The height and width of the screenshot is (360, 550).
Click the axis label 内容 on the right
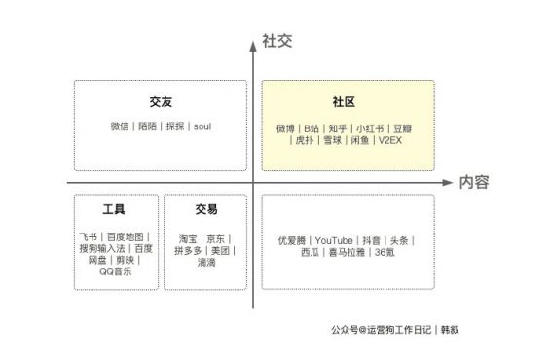pyautogui.click(x=473, y=182)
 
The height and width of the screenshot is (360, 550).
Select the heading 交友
pyautogui.click(x=161, y=103)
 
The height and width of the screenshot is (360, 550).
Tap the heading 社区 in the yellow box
pyautogui.click(x=346, y=103)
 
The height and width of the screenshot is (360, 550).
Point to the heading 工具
pyautogui.click(x=114, y=209)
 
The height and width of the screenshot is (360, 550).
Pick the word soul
pyautogui.click(x=202, y=126)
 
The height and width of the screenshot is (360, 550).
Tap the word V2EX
pyautogui.click(x=390, y=141)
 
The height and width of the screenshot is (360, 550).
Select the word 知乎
pyautogui.click(x=337, y=127)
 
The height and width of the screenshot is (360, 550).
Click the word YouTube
pyautogui.click(x=333, y=238)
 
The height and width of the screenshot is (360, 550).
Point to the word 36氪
pyautogui.click(x=384, y=252)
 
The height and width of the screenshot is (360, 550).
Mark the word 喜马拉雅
pyautogui.click(x=346, y=252)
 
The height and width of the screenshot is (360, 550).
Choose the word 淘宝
pyautogui.click(x=188, y=238)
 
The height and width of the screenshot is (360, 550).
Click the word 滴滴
pyautogui.click(x=205, y=263)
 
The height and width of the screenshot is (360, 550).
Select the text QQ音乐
pyautogui.click(x=115, y=271)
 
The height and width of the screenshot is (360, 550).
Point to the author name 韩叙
pyautogui.click(x=449, y=329)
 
